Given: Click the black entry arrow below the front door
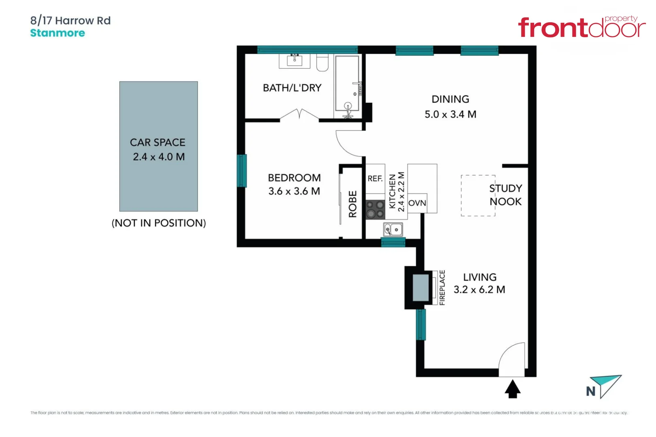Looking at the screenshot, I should click(512, 389).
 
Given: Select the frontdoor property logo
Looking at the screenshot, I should click(581, 27).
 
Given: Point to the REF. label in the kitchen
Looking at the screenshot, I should click(375, 178).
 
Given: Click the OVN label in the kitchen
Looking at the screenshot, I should click(417, 203).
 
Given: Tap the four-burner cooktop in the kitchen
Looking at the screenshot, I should click(375, 209).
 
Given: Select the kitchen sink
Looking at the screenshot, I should click(393, 229).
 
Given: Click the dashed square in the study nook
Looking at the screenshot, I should click(478, 195).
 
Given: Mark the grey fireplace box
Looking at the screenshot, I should click(420, 287).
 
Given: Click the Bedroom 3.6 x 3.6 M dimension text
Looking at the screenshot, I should click(294, 191).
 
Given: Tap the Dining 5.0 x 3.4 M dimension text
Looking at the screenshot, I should click(450, 114).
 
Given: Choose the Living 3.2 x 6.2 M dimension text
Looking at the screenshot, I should click(479, 289).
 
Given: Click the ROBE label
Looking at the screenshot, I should click(352, 204).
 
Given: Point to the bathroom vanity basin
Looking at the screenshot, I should click(294, 60).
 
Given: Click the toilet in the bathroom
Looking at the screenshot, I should click(322, 63).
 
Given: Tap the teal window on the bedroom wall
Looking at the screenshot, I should click(242, 170).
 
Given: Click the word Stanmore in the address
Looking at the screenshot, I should click(58, 33).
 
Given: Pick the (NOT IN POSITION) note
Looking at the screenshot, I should click(158, 223).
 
